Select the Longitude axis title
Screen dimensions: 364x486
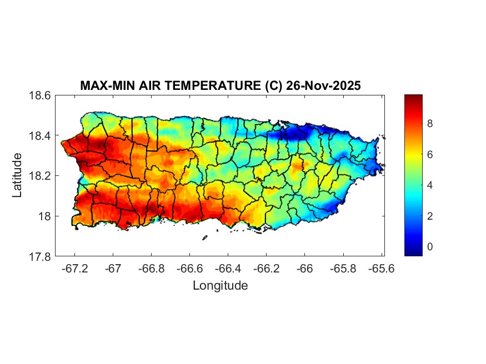coord(220,286)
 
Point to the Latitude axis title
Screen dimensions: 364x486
coord(17,175)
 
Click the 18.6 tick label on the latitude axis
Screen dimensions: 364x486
coord(40,95)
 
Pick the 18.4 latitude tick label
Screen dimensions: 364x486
coord(40,136)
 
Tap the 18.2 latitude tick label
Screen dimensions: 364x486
coord(40,176)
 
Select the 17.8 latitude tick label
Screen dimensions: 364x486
coord(40,256)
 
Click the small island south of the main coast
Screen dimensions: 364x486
coord(204,238)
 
